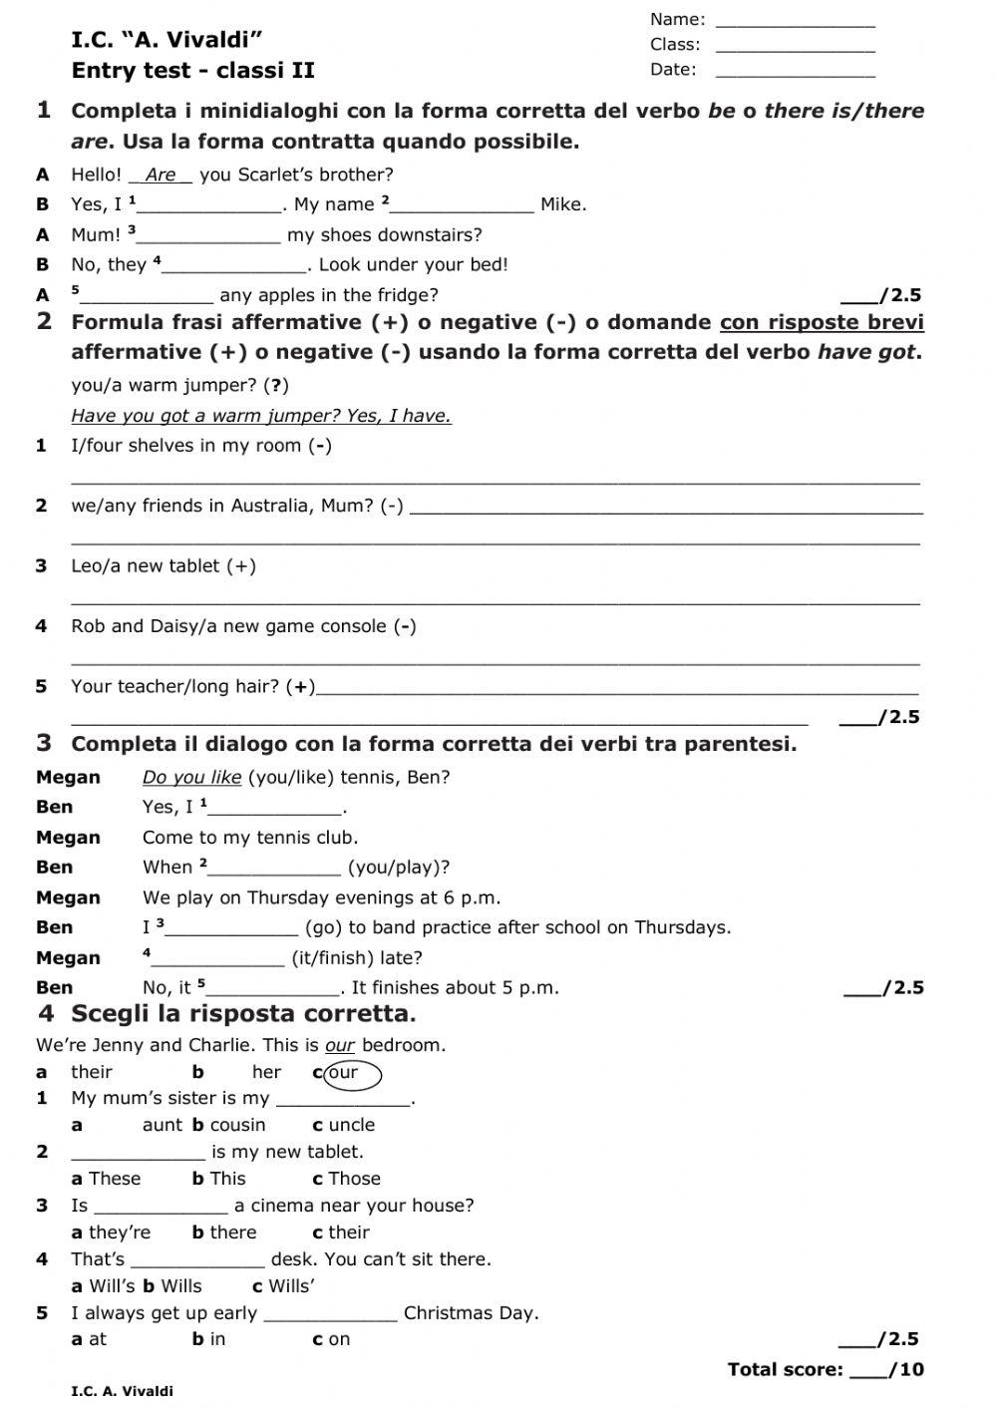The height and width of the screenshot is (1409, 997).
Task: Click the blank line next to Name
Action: coord(795,22)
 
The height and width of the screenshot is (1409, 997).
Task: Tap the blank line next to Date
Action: coord(795,73)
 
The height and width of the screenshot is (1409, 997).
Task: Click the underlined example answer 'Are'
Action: coord(161,176)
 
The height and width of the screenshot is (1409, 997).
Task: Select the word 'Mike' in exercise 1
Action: coord(562,205)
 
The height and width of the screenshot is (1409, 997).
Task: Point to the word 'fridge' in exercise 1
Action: coord(405,295)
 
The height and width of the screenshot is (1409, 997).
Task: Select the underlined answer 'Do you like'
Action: coord(192,778)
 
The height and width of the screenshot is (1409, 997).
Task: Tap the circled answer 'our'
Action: coord(345,1074)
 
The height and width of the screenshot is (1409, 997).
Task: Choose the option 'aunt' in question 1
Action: coord(163,1125)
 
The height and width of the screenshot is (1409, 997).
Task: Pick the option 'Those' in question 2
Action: coord(354,1179)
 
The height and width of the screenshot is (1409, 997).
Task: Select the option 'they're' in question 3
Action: coord(120,1233)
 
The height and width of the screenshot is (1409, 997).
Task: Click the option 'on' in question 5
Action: coord(339,1339)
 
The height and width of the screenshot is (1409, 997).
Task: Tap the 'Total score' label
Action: coord(785,1369)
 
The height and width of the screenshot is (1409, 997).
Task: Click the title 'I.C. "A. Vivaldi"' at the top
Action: coord(166,41)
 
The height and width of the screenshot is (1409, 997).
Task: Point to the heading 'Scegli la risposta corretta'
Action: coord(242,1014)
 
